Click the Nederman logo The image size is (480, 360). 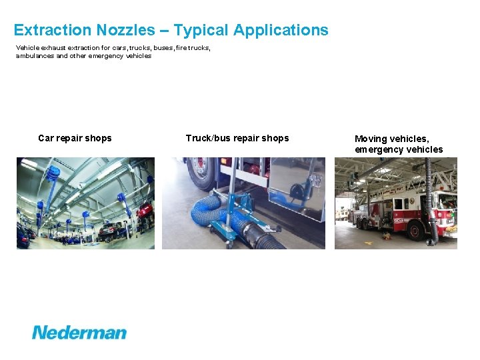pyautogui.click(x=79, y=331)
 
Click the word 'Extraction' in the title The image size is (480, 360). pyautogui.click(x=51, y=30)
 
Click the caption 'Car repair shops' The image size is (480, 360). pyautogui.click(x=75, y=138)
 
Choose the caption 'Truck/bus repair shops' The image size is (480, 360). pyautogui.click(x=237, y=138)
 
